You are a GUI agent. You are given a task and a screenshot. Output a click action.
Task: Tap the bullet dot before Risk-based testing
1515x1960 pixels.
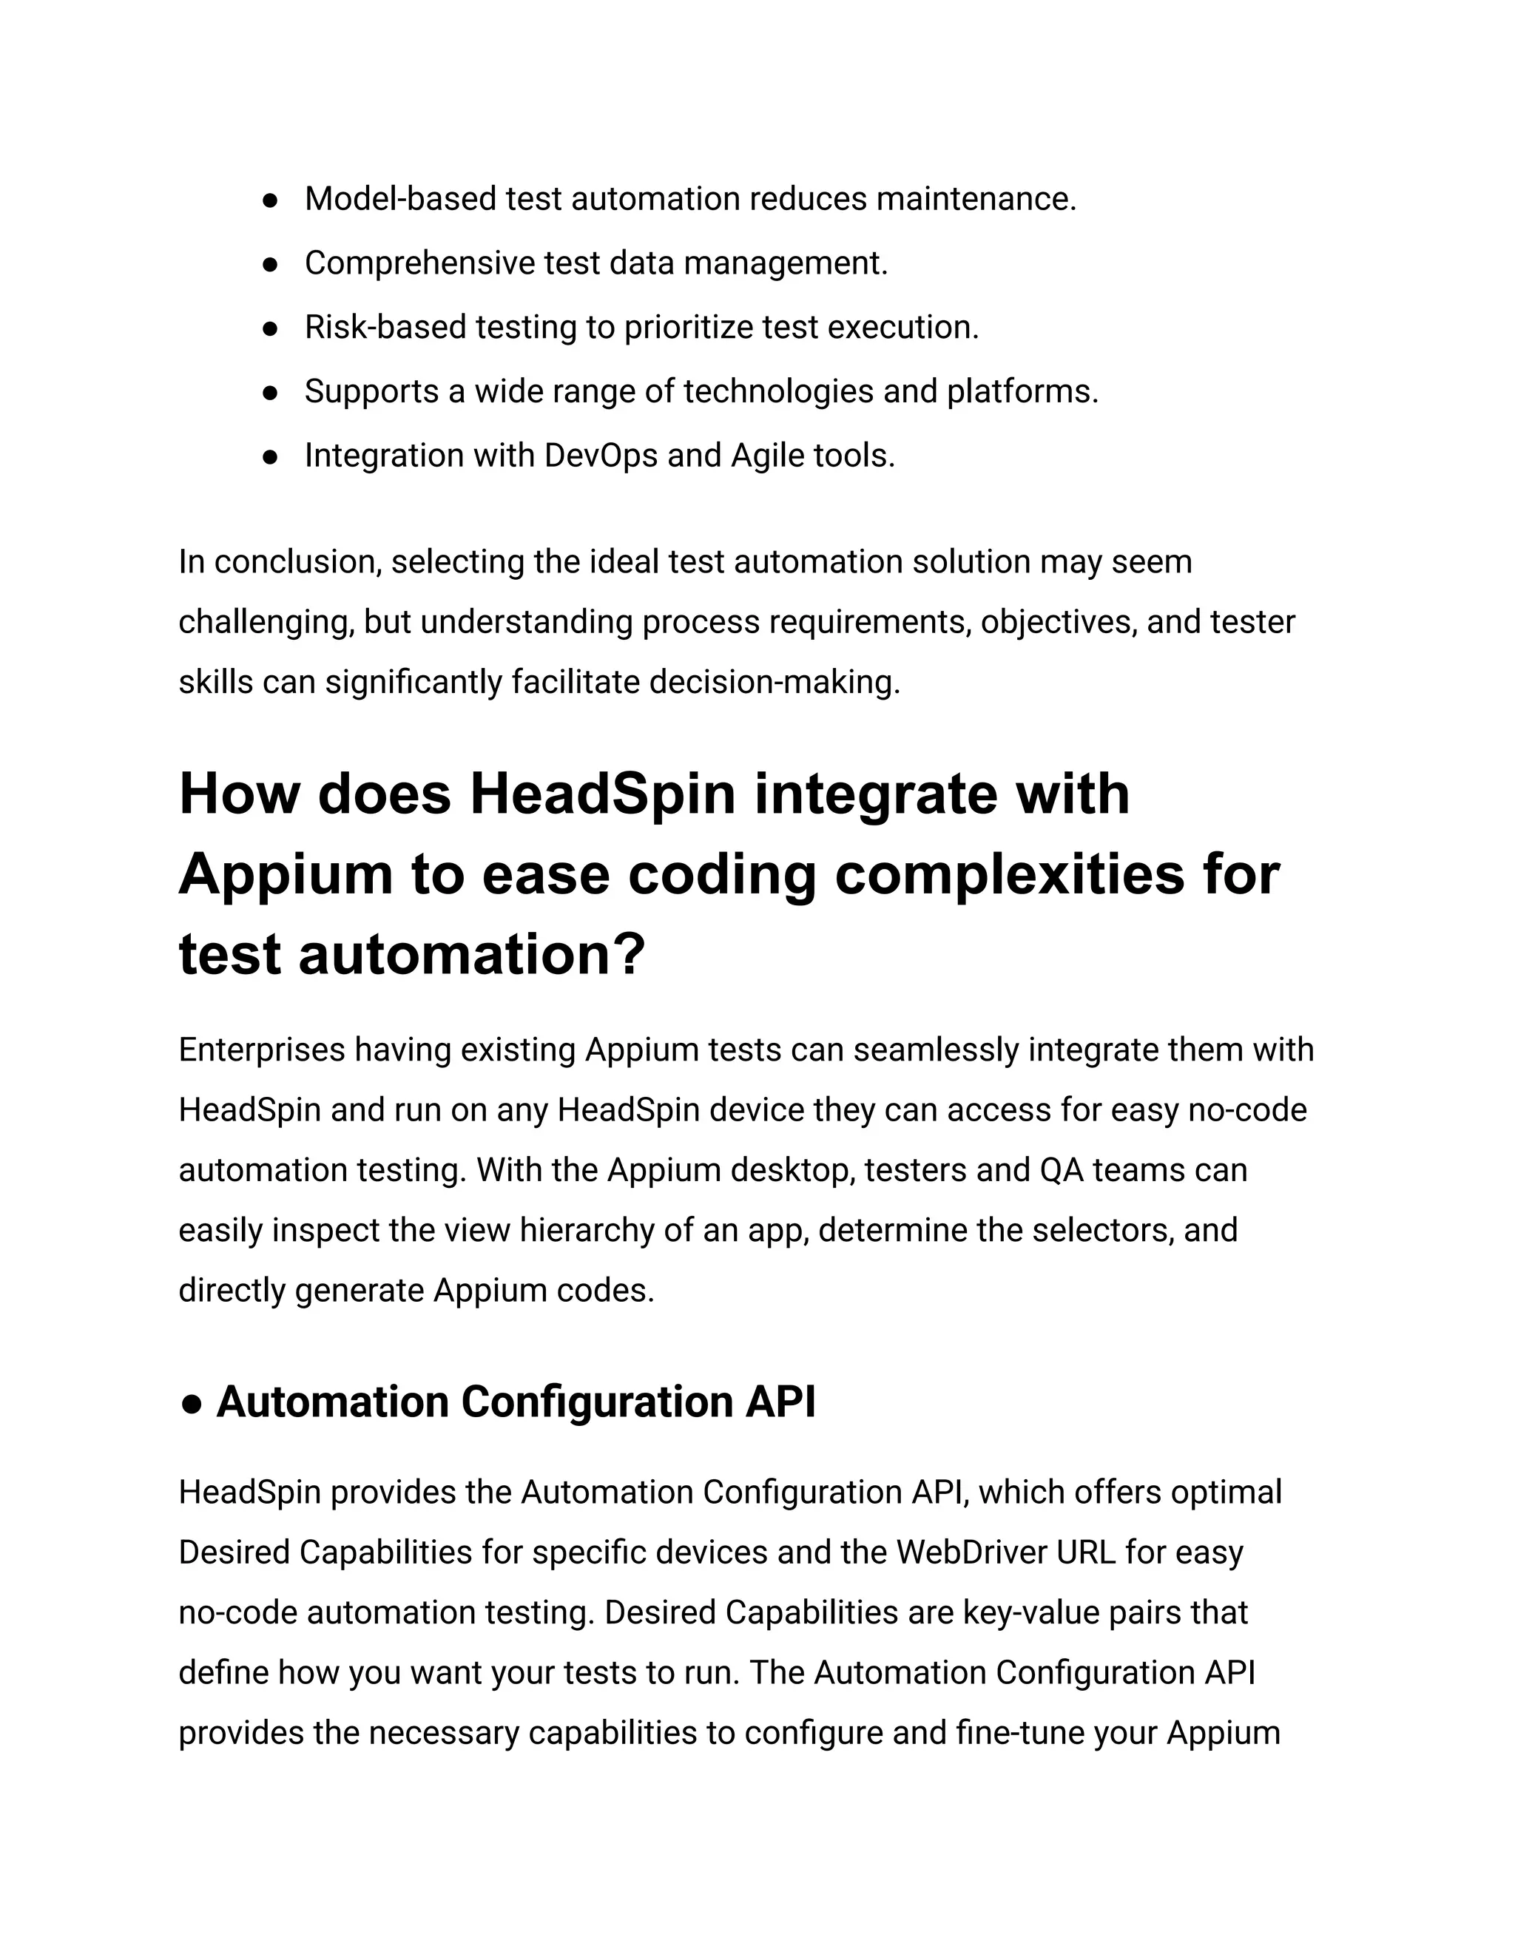pyautogui.click(x=269, y=328)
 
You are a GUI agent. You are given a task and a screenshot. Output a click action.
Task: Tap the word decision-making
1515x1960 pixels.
pyautogui.click(x=773, y=682)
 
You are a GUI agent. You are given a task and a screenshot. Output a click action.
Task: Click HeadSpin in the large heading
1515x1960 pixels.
pyautogui.click(x=602, y=794)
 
